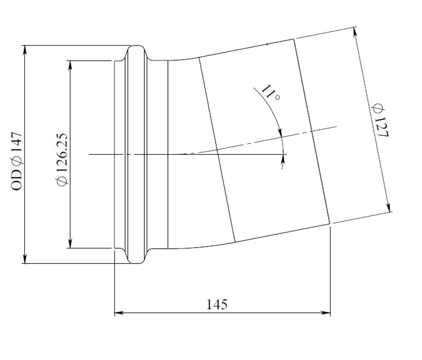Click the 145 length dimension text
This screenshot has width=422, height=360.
click(217, 305)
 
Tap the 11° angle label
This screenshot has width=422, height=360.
click(271, 92)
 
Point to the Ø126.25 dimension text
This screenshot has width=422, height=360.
click(62, 160)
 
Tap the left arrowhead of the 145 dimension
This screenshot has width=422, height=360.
click(119, 313)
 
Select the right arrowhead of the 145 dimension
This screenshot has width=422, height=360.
click(326, 313)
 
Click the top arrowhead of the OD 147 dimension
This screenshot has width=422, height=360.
click(25, 50)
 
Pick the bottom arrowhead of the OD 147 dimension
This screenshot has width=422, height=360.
click(25, 259)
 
